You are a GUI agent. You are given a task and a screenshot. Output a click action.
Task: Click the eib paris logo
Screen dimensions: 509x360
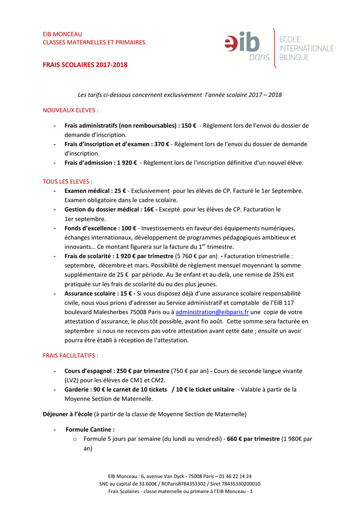tap(247, 48)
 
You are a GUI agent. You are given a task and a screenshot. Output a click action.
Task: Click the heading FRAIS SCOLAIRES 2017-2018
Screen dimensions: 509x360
tap(85, 65)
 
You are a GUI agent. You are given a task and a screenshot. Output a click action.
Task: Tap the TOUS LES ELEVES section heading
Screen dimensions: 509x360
tap(68, 181)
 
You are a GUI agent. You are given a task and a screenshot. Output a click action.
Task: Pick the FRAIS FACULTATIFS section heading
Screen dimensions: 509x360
tap(71, 355)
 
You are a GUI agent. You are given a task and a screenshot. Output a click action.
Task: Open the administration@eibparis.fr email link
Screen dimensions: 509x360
tap(212, 312)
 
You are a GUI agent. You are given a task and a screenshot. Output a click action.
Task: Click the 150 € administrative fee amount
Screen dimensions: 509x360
tap(188, 126)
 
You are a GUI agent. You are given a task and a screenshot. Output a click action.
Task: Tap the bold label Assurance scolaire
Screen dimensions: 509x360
tap(91, 294)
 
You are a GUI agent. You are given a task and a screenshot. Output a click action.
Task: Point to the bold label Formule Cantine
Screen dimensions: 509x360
tap(90, 429)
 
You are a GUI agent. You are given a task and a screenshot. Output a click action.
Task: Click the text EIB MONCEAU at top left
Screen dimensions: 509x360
tap(62, 34)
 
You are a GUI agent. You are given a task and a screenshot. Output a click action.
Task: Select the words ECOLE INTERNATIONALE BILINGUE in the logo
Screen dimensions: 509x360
tap(306, 48)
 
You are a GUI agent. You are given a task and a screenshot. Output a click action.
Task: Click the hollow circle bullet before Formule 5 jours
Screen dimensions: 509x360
tap(74, 439)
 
